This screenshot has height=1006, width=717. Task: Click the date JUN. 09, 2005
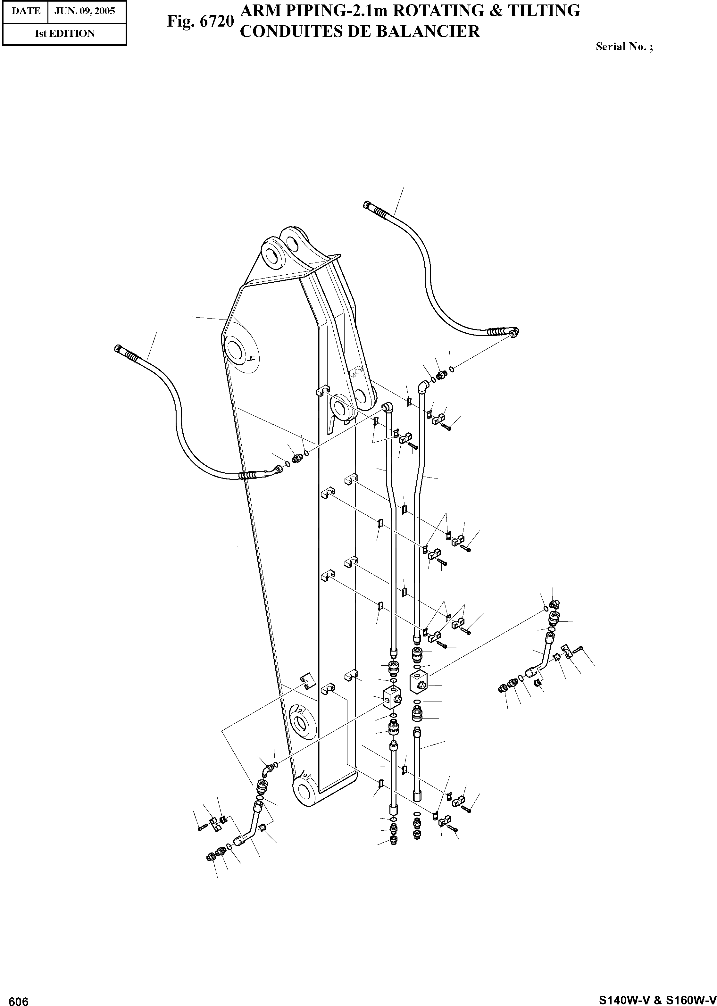coord(84,11)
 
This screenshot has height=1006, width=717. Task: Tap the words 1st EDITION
coord(64,34)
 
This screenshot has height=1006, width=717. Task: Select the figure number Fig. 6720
coord(200,21)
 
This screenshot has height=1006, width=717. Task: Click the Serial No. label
coord(624,46)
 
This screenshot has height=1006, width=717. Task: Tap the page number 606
coord(18,999)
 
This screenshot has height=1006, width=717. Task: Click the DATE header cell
coord(26,11)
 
